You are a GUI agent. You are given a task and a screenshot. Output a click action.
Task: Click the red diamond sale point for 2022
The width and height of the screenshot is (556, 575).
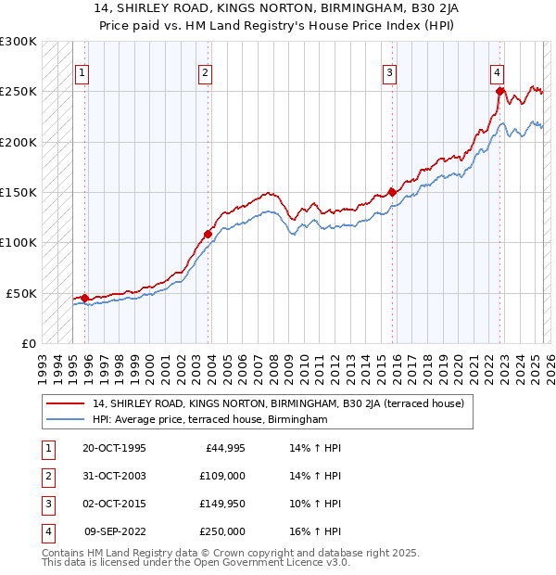[x=499, y=91]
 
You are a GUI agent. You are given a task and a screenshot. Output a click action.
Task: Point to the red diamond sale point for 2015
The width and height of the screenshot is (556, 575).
[x=392, y=192]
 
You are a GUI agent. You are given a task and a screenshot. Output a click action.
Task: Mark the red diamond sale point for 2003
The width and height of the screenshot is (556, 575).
[x=208, y=234]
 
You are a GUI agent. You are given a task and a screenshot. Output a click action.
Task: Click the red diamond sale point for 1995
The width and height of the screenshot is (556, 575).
[x=84, y=298]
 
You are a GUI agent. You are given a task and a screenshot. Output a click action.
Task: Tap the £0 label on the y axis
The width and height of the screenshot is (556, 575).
[x=28, y=343]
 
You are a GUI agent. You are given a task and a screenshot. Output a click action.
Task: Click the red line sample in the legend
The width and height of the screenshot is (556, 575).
[x=65, y=403]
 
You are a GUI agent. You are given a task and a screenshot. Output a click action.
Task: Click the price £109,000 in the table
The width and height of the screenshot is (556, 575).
[x=222, y=476]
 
